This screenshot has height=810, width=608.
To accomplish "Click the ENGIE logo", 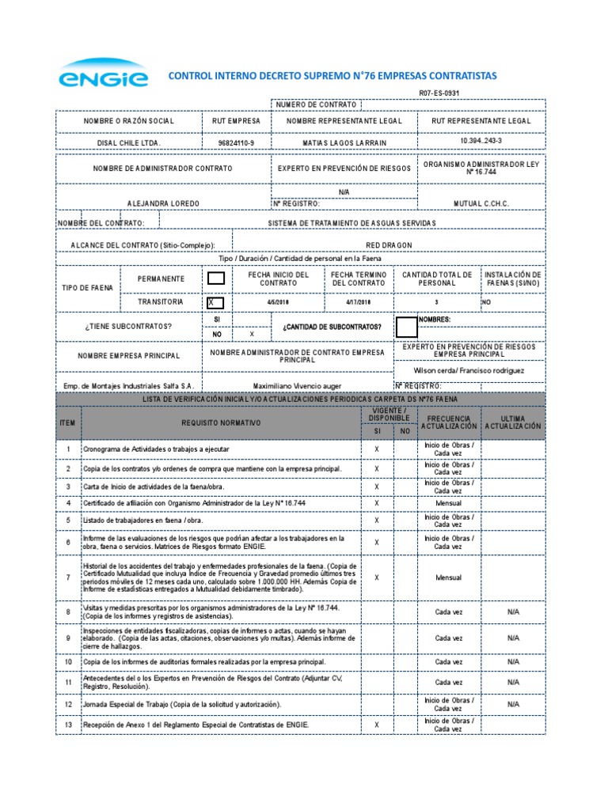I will click(102, 75).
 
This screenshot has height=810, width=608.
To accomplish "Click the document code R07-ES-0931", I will click(439, 93).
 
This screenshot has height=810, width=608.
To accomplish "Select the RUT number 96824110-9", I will click(236, 142).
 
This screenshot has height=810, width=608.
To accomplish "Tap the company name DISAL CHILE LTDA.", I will click(128, 142).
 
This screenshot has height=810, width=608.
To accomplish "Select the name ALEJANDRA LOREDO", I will click(163, 203).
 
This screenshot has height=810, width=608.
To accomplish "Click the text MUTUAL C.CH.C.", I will click(481, 203).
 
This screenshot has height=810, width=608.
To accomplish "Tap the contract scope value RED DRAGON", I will click(389, 245).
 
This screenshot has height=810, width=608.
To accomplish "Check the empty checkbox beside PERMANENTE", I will click(215, 278).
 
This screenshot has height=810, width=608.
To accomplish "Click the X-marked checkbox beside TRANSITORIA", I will click(215, 302).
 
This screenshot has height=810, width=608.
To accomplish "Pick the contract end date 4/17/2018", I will click(359, 302).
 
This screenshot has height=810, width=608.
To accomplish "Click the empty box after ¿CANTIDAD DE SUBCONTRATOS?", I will click(406, 326).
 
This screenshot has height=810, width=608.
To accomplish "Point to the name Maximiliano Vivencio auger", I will click(298, 385).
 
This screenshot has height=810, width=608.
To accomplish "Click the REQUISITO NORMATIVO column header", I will click(220, 423).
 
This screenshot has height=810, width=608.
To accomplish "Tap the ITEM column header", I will click(68, 423).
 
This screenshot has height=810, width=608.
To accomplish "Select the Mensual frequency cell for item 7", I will click(448, 577).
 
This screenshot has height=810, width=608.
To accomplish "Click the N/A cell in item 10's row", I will click(513, 661).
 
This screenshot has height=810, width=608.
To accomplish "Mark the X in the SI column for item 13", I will click(377, 724).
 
